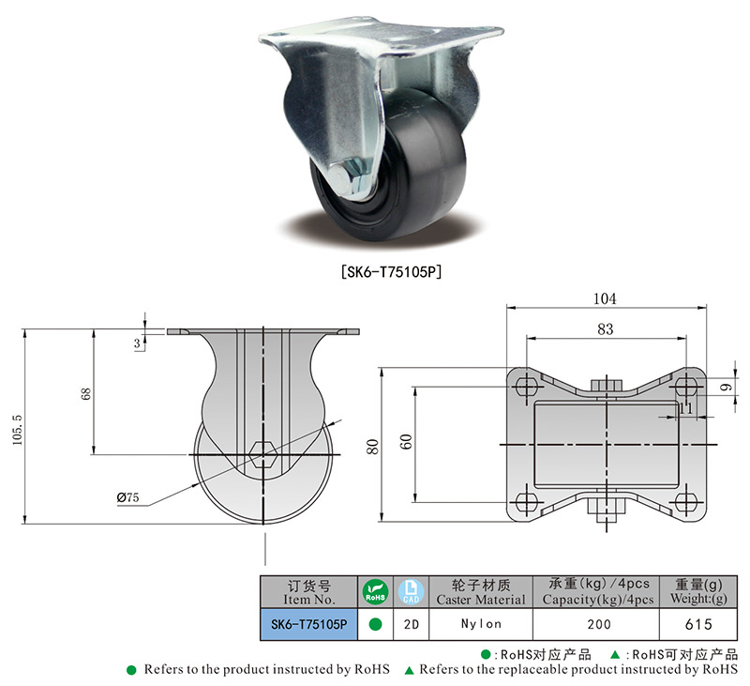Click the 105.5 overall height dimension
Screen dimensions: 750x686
pos(18,430)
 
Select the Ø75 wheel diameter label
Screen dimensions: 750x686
pos(127,497)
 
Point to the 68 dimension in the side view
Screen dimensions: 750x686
pos(85,394)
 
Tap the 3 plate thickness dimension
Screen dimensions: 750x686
pos(137,343)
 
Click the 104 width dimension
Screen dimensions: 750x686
pos(605,298)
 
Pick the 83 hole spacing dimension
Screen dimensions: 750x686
pos(605,329)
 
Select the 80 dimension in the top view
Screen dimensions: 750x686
pos(372,446)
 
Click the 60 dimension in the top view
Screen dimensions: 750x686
pos(406,441)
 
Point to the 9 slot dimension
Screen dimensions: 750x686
pos(727,387)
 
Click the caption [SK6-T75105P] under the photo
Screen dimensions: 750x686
pos(391,272)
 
